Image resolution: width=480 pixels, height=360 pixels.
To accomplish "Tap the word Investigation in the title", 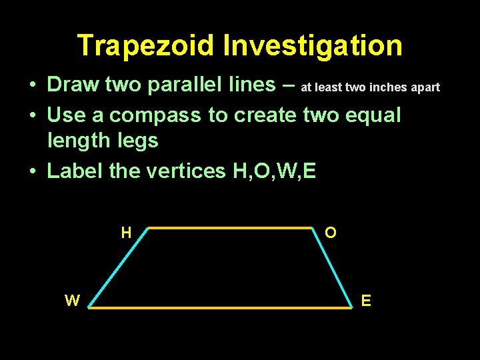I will pyautogui.click(x=313, y=46).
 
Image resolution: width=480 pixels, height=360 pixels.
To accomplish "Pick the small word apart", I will pyautogui.click(x=423, y=87).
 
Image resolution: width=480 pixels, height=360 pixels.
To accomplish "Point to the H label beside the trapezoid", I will pyautogui.click(x=126, y=233).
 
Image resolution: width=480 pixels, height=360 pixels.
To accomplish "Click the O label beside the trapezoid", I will pyautogui.click(x=331, y=233).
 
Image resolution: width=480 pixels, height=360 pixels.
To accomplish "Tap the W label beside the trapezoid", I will pyautogui.click(x=72, y=301).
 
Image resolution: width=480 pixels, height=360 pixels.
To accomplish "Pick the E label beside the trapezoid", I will pyautogui.click(x=366, y=301).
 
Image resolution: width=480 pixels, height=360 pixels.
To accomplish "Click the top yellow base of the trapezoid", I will pyautogui.click(x=229, y=228).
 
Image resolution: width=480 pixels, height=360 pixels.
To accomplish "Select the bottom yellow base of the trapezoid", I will pyautogui.click(x=220, y=308).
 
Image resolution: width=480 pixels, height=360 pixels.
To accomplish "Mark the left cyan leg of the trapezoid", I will pyautogui.click(x=118, y=267).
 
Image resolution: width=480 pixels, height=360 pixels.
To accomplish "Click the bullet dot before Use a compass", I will pyautogui.click(x=33, y=116).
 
